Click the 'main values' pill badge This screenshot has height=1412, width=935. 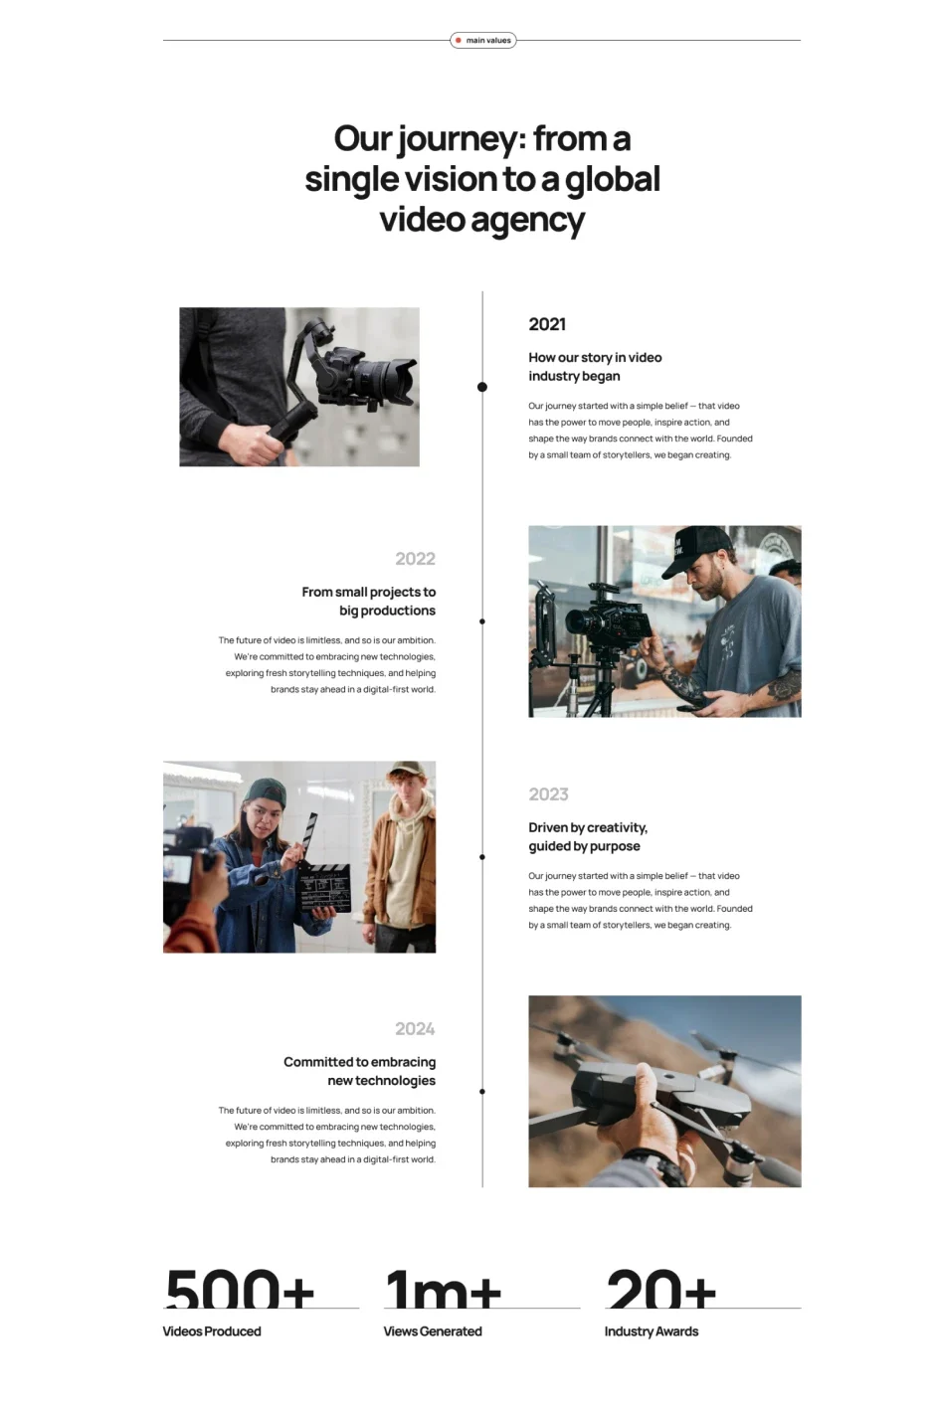(483, 41)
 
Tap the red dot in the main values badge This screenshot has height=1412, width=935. (459, 41)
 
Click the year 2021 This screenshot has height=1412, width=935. (547, 324)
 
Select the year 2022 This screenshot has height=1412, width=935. (415, 559)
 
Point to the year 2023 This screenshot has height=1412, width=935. (548, 794)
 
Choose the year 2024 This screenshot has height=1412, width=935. (415, 1029)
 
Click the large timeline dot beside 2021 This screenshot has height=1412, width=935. (482, 387)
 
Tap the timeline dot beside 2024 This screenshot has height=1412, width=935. (482, 1091)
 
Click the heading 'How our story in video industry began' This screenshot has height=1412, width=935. (595, 367)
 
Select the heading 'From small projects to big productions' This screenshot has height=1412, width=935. (368, 602)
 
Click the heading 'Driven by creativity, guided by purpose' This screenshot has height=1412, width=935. (588, 836)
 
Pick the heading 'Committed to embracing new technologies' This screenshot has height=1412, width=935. (359, 1071)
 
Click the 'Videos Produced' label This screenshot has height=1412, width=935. (212, 1331)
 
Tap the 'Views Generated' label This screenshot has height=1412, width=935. (433, 1331)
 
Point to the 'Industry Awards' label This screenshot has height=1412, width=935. (652, 1331)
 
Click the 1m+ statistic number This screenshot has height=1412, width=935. (444, 1290)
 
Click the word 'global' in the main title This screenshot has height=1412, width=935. (612, 180)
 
